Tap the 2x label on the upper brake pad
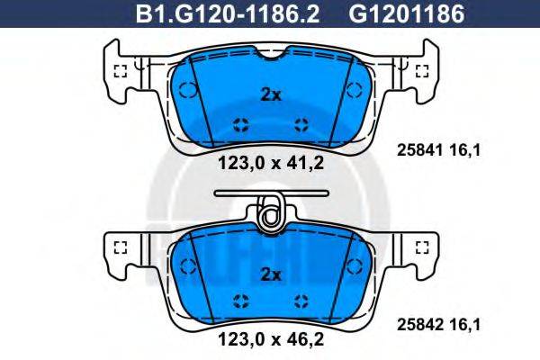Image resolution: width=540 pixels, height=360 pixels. click(271, 94)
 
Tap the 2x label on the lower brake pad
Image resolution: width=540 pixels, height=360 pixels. click(271, 273)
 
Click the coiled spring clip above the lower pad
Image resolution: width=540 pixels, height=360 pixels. click(270, 213)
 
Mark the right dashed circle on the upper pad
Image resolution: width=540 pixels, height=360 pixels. click(355, 89)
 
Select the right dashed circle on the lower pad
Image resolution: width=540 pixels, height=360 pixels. click(355, 266)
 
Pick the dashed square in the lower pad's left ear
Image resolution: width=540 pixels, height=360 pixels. click(121, 246)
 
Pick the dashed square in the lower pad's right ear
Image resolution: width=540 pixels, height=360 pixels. click(421, 246)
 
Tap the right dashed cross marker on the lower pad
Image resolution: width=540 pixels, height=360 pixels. click(301, 301)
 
